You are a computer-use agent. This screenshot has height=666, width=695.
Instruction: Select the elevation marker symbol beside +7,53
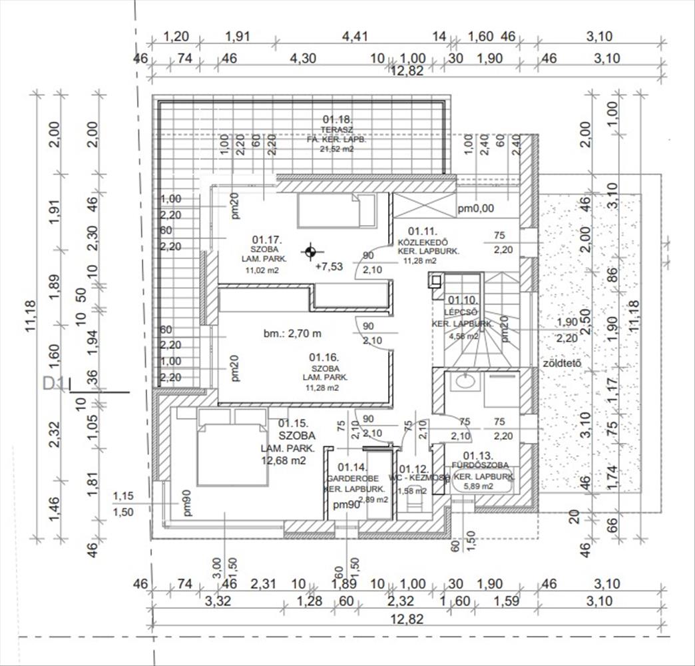pos(309,252)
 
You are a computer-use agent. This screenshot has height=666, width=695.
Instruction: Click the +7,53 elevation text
pos(329,266)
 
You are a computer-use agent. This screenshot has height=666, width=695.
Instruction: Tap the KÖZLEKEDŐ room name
pos(423,241)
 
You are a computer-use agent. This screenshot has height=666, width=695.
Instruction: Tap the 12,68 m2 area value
pos(284,460)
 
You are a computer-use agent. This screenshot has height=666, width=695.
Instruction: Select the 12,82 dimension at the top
pos(407,72)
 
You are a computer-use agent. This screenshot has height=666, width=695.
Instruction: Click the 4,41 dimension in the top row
pos(355,37)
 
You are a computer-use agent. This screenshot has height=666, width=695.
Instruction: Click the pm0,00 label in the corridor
pos(475,208)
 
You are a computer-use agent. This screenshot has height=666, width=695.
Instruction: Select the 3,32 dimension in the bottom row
pos(218,601)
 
